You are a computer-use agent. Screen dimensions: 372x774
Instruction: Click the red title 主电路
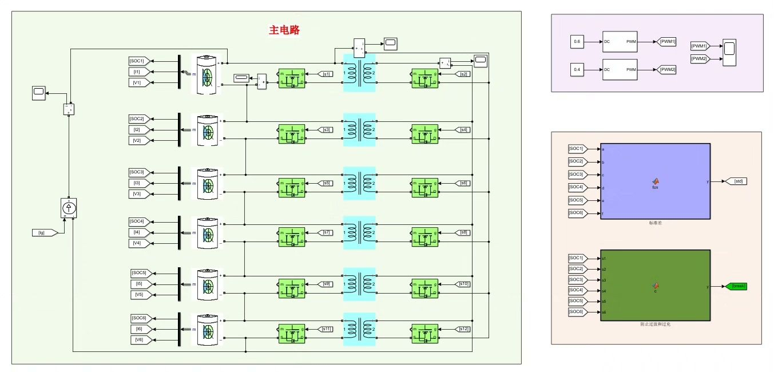[x=284, y=30]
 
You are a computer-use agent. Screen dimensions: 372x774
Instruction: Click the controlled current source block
[x=69, y=208]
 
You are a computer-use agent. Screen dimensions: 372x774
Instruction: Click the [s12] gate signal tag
[x=464, y=329]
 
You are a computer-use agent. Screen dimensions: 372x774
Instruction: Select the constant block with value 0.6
[x=577, y=42]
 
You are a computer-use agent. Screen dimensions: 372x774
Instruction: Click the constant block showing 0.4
[x=577, y=69]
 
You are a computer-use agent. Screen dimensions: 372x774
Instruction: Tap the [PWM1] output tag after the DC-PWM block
[x=666, y=42]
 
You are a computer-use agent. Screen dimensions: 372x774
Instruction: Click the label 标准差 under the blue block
[x=655, y=222]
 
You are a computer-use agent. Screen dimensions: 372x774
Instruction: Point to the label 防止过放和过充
[x=655, y=324]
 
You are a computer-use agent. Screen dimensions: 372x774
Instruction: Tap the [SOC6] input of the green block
[x=577, y=311]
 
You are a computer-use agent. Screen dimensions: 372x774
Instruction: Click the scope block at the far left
[x=39, y=92]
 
